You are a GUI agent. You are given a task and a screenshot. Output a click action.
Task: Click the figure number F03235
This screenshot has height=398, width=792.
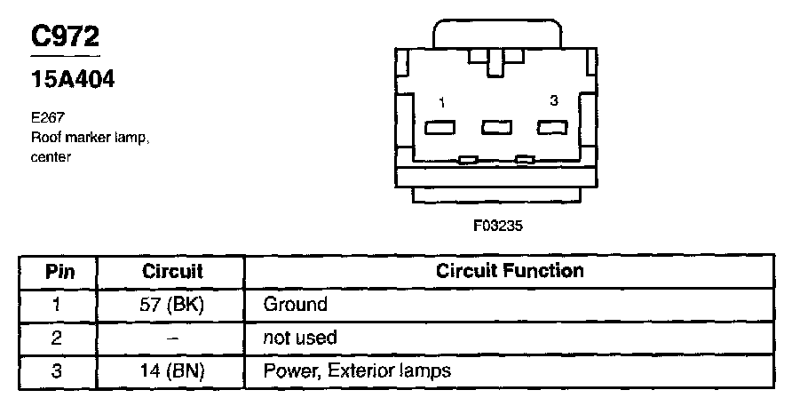click(x=497, y=226)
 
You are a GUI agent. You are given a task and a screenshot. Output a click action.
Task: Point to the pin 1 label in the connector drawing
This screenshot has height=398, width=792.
click(x=441, y=103)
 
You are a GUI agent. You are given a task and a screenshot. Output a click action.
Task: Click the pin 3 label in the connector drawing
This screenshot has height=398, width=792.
click(x=553, y=101)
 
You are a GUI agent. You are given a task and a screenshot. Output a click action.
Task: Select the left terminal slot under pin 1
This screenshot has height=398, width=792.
click(x=441, y=127)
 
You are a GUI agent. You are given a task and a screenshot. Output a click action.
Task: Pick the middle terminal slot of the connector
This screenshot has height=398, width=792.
click(x=496, y=127)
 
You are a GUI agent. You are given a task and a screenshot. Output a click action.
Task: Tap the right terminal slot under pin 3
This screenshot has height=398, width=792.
click(x=552, y=127)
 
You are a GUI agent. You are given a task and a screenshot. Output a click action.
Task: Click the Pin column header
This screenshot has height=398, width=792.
click(x=59, y=271)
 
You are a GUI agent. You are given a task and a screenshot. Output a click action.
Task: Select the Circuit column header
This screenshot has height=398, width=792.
click(x=172, y=271)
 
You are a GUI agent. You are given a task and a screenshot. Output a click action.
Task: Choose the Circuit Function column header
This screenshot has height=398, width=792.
click(x=510, y=270)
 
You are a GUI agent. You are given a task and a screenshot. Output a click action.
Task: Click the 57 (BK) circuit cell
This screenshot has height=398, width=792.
click(x=172, y=305)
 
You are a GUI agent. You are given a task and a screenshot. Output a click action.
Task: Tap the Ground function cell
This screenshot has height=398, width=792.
click(x=296, y=305)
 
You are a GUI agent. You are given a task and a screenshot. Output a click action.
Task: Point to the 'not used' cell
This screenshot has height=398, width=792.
click(x=300, y=338)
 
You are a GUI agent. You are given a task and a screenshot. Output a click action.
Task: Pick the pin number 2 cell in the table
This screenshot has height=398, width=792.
click(x=59, y=338)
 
